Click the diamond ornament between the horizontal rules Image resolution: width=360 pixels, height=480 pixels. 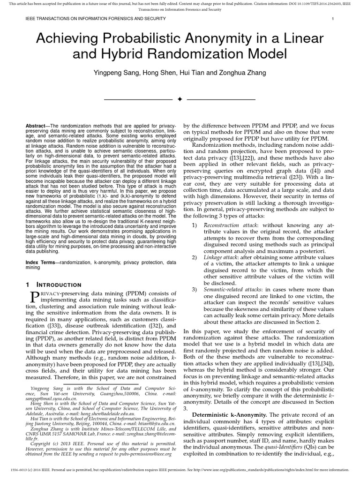pyautogui.click(x=180, y=99)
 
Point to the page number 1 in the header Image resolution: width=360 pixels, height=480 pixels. pyautogui.click(x=332, y=19)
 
